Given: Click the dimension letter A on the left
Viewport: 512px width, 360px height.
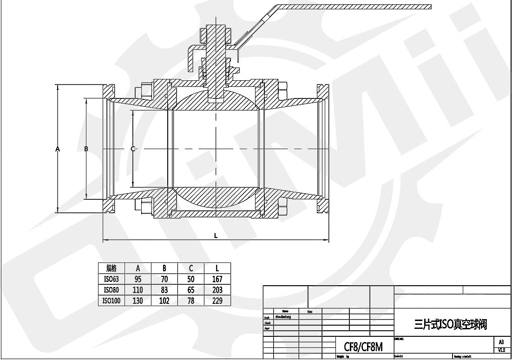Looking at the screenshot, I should point(58,149).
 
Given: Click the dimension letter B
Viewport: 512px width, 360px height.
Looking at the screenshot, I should point(86,149).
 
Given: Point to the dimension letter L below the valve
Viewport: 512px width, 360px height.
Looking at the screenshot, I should point(216,235).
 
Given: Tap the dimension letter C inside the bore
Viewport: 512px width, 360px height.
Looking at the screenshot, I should point(133,149).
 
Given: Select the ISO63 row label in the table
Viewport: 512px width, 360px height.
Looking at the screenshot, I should point(111,279).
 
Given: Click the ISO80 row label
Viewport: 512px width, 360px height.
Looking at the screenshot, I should point(111,290).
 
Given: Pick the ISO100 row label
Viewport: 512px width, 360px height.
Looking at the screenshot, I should point(111,301).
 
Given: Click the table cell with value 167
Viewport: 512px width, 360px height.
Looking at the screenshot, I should point(217,279).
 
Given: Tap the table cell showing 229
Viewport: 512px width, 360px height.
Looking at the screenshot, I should point(217,301).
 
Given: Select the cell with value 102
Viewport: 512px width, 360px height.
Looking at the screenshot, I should point(164,301).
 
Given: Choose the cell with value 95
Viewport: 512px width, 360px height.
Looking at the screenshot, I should point(138,279).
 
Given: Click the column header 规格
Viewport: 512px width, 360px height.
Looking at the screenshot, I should point(111,268).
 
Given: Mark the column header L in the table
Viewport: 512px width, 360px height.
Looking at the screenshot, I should point(217,268).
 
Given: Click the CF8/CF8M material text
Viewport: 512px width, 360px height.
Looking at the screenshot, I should point(363,347).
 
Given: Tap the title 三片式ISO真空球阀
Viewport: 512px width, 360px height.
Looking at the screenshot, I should point(450,323).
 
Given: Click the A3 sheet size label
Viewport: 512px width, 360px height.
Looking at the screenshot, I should point(501,342).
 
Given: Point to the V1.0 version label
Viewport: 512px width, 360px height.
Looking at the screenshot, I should point(501,350).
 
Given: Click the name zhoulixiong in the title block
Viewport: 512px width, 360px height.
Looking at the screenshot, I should point(283,317).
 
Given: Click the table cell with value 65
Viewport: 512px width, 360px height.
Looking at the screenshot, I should point(190,290).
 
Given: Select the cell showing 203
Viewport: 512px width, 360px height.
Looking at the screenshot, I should point(217,290).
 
